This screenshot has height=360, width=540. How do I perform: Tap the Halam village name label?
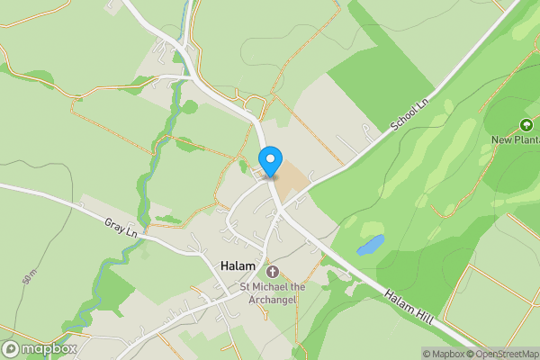(x=238, y=267)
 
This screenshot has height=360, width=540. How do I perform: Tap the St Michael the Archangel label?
(x=273, y=293)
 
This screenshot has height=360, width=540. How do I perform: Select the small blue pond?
(x=370, y=245)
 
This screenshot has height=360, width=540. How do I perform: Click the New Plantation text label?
(x=515, y=139)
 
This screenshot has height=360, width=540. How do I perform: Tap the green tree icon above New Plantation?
(x=526, y=122)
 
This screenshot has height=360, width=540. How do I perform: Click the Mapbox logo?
(x=40, y=348)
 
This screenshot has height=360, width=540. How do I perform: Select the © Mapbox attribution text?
(x=444, y=354)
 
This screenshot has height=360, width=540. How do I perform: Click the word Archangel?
(x=272, y=300)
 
